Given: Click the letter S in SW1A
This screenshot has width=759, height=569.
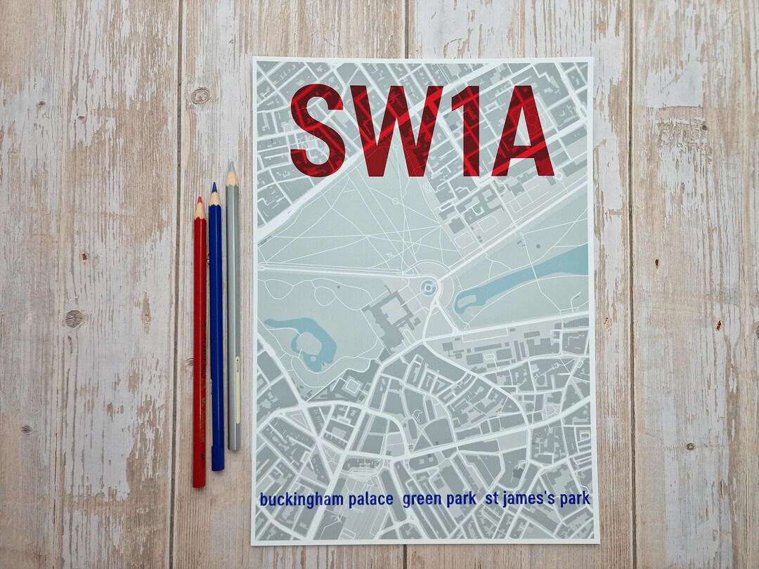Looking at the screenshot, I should [x=318, y=130].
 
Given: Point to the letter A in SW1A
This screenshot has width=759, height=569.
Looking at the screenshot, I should [x=521, y=130].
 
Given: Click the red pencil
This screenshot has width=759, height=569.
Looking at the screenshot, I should [x=200, y=351].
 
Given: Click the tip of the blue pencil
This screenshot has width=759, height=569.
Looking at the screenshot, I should [x=214, y=185].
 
